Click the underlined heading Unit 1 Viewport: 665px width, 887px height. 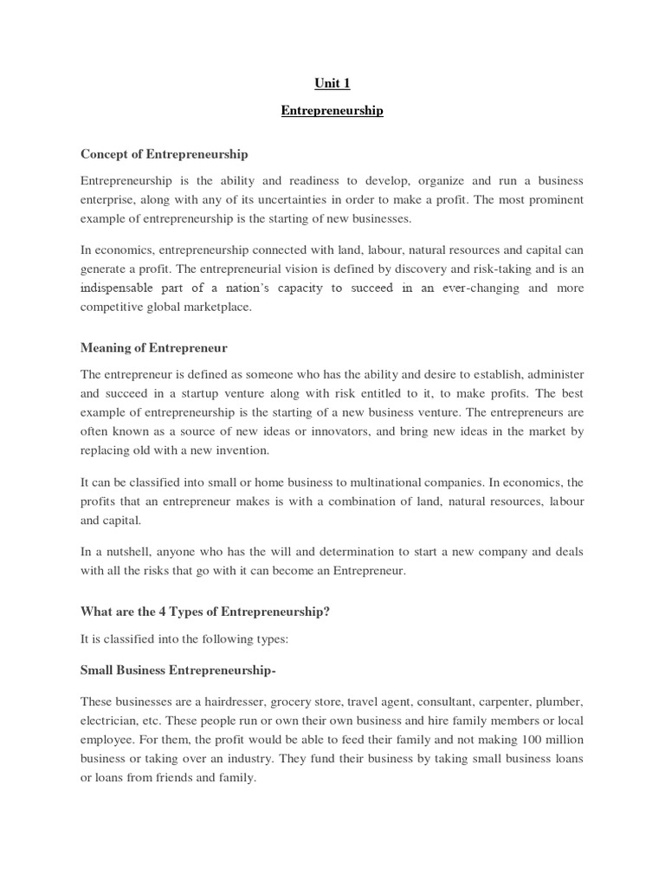click(x=332, y=84)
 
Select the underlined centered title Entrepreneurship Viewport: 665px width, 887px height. click(x=332, y=112)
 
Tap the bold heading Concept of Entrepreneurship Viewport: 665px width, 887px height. click(x=164, y=154)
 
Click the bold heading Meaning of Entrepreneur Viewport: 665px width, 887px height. click(x=154, y=348)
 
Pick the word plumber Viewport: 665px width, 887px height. click(x=560, y=702)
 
